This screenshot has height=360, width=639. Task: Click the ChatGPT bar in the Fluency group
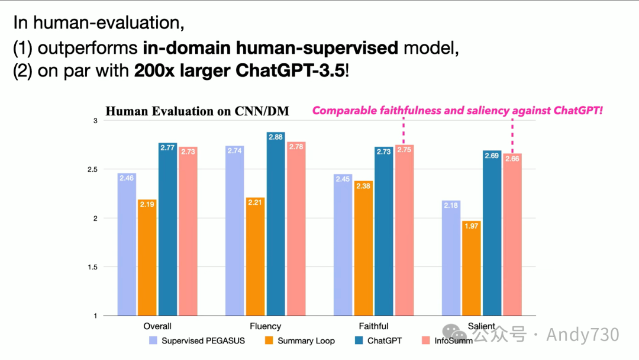click(275, 225)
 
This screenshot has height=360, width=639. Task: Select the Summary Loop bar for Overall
click(147, 258)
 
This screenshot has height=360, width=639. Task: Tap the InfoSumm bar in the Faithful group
click(405, 231)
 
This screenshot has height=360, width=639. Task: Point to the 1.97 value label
click(472, 226)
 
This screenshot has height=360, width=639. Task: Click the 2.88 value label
click(275, 137)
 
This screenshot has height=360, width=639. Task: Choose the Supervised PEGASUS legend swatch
click(153, 340)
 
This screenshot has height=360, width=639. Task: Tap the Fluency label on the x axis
click(266, 326)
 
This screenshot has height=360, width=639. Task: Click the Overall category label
click(157, 326)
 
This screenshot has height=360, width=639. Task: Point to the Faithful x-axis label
click(374, 326)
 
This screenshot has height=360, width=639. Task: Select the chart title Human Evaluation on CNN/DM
click(201, 111)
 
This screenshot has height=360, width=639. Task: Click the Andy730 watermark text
click(583, 335)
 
